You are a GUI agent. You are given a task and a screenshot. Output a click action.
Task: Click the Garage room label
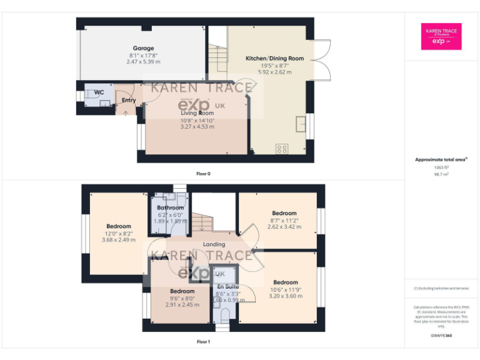click(x=143, y=48)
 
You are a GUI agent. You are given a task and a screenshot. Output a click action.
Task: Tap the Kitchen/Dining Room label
click(x=274, y=58)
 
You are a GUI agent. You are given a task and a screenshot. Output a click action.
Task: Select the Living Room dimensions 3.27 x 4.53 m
click(x=197, y=126)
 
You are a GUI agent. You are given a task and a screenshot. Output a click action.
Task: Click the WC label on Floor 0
click(x=99, y=92)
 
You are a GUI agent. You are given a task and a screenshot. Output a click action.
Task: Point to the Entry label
click(x=129, y=100)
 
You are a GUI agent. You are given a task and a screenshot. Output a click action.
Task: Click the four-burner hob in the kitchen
click(x=282, y=148)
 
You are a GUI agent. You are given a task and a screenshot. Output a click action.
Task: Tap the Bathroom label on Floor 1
click(x=171, y=207)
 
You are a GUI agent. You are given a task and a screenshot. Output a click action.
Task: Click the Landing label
click(x=214, y=244)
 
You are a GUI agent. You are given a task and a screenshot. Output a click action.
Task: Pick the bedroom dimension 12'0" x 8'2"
click(x=118, y=233)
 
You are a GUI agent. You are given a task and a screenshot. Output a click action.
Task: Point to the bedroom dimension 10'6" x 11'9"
click(x=285, y=289)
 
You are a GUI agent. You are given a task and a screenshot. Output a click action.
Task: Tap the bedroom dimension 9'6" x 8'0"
click(x=182, y=298)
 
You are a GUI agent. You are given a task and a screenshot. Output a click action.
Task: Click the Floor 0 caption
click(x=202, y=173)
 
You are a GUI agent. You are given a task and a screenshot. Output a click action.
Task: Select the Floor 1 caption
click(x=203, y=342)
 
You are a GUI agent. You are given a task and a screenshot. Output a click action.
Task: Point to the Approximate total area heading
click(x=441, y=160)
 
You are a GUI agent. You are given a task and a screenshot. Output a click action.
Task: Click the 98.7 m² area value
click(x=442, y=174)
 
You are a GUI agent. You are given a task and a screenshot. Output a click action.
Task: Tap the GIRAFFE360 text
click(x=442, y=336)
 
